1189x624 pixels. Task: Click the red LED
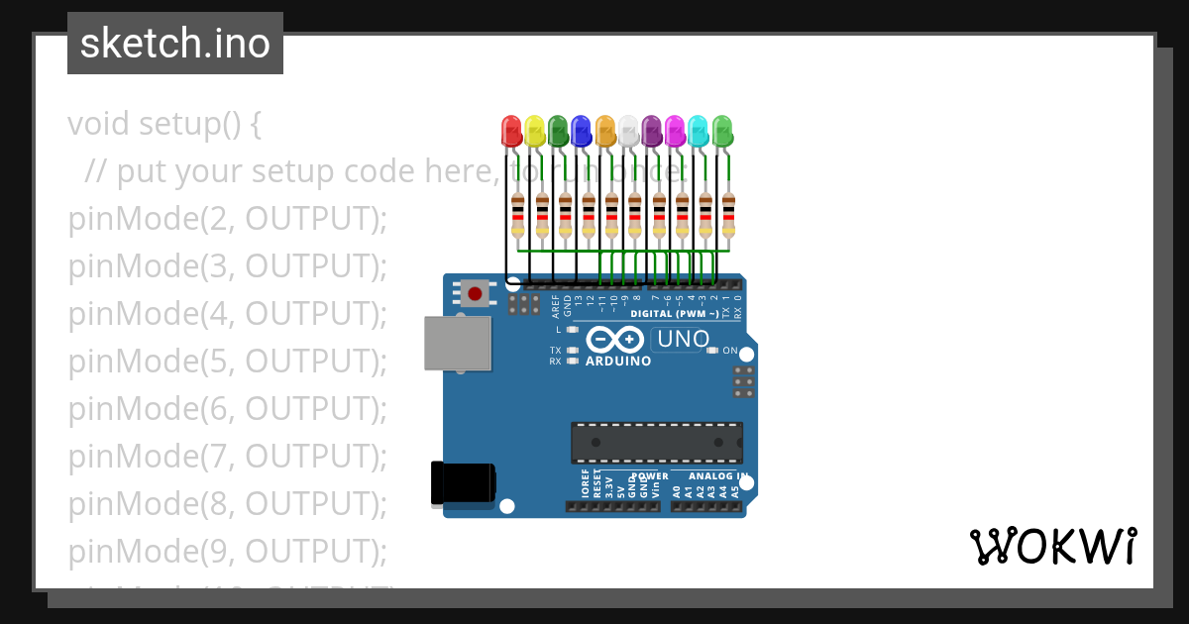point(511,131)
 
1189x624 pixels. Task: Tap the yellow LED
point(535,131)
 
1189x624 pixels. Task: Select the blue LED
point(582,131)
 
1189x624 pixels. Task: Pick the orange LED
point(605,131)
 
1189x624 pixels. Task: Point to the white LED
point(628,131)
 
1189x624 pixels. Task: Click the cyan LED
point(699,131)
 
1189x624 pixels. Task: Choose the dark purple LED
point(652,131)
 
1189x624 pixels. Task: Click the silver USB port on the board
point(457,343)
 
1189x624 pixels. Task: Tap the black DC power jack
point(462,483)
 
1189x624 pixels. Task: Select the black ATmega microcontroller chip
point(656,443)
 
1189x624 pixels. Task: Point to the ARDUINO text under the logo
point(618,362)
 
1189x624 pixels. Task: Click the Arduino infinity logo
point(615,340)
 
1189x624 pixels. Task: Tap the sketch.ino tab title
point(175,44)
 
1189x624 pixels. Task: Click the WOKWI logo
point(1052,546)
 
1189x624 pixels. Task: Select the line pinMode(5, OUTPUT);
point(227,362)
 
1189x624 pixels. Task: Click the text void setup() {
point(164,124)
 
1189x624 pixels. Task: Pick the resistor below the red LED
point(517,216)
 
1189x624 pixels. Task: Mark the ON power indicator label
point(730,351)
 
